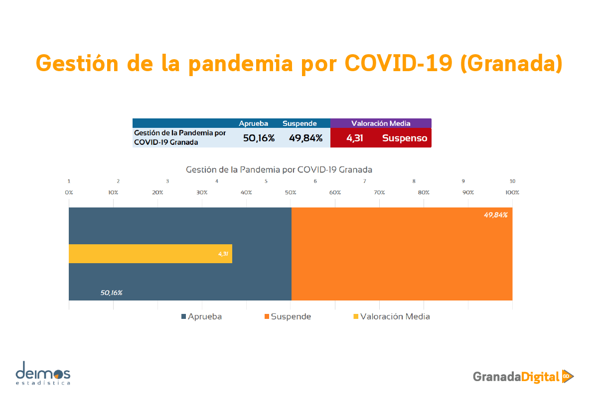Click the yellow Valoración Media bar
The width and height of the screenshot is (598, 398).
point(150,254)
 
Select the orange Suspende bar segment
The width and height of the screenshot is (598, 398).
point(402,254)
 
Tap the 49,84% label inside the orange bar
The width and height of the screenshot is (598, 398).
point(495,215)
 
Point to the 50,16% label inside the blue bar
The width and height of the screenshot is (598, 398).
point(111,293)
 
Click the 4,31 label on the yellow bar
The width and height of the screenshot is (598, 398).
point(223,254)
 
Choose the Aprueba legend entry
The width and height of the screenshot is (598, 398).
point(201,316)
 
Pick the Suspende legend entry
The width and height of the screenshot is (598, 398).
point(288,316)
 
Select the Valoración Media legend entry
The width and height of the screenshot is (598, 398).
point(392,316)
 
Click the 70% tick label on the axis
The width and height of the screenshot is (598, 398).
point(379,193)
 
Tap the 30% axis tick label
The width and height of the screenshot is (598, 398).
point(202,193)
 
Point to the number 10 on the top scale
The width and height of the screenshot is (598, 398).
point(512,181)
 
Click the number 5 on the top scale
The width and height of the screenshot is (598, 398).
point(266,181)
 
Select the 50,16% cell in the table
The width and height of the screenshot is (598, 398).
point(259,138)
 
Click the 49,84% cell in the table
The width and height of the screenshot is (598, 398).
point(305,138)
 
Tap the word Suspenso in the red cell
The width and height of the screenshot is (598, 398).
point(405,138)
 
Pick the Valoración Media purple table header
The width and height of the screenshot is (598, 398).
point(381,123)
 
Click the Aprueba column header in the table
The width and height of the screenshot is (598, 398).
point(253,123)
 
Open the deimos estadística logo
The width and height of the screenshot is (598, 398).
point(43,373)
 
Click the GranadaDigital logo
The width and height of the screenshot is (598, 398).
point(523,377)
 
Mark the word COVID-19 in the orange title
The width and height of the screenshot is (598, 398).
point(398,64)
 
